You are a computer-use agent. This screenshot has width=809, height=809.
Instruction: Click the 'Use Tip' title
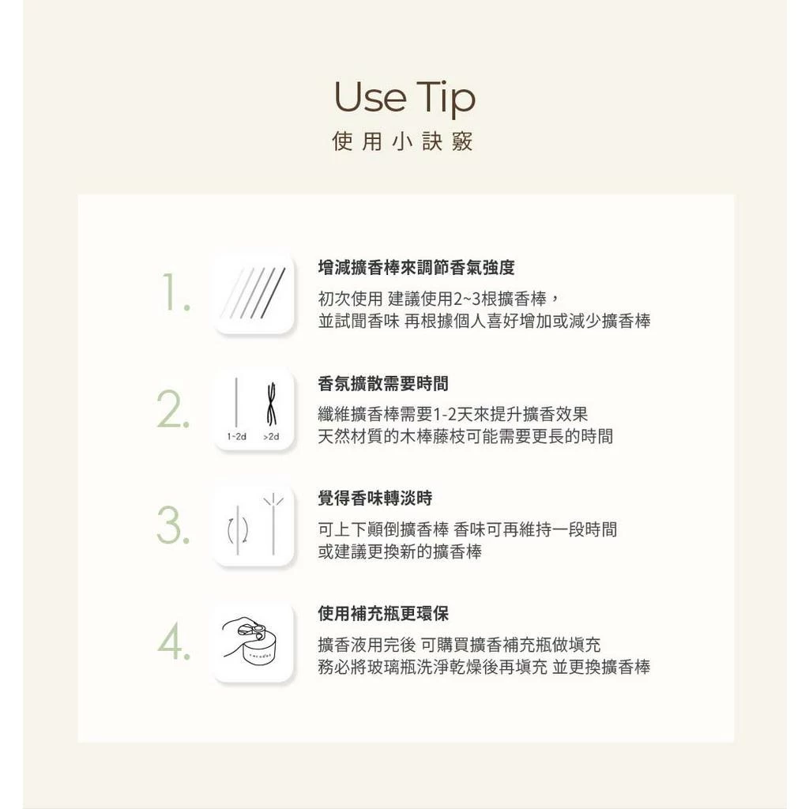pos(404,99)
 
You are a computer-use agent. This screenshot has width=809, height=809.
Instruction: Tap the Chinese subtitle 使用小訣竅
pos(402,141)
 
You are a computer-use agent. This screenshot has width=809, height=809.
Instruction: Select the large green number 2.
pos(173,410)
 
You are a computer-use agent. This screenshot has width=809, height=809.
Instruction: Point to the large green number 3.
pos(173,525)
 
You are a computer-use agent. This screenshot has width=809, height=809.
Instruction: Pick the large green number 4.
pos(174,642)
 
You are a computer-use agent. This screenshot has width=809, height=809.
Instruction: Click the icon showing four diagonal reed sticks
pos(254,293)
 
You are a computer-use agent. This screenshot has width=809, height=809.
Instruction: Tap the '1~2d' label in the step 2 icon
pos(237,436)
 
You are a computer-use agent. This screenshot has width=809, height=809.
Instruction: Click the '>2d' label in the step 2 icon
pos(271,436)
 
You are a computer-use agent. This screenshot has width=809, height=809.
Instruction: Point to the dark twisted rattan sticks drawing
pos(272,404)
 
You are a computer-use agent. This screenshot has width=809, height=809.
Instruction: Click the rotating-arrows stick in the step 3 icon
pos(238,530)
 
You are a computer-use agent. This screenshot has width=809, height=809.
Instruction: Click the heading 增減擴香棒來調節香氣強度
pos(416,267)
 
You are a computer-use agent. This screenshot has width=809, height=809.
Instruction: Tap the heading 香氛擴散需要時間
pos(383,383)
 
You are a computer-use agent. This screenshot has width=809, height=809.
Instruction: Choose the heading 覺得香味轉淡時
pos(375,499)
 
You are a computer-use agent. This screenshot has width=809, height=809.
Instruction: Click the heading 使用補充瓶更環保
pos(383,613)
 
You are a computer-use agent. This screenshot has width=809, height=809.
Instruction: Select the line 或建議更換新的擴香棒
pos(400,551)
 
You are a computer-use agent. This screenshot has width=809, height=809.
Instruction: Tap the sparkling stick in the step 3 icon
pos(273,525)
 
